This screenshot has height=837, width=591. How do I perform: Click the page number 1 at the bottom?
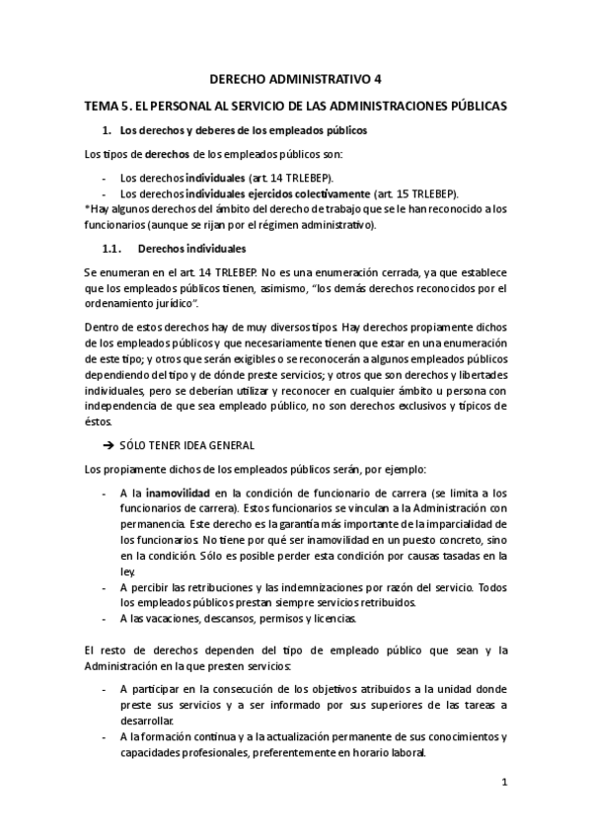[x=503, y=782]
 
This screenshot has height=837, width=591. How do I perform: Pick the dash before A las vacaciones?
[x=105, y=619]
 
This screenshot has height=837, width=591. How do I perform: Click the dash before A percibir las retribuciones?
[x=105, y=587]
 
